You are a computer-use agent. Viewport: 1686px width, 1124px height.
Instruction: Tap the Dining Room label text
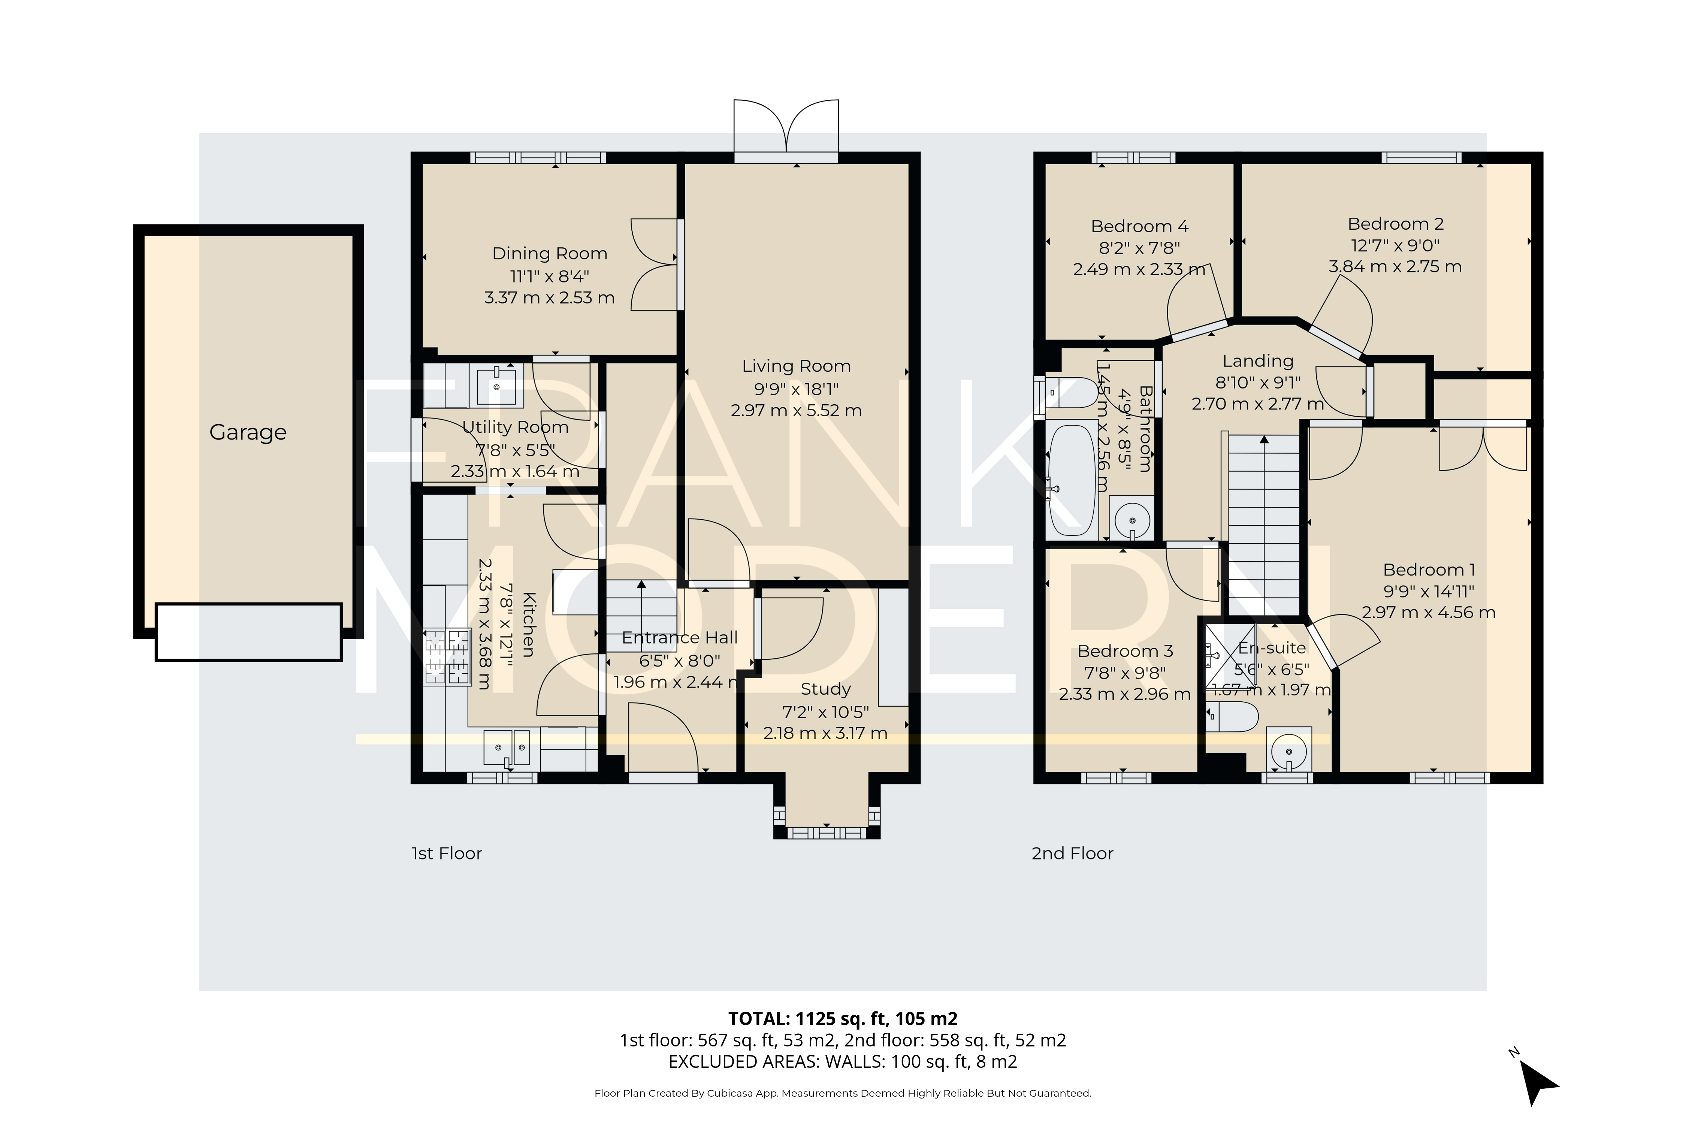pyautogui.click(x=549, y=254)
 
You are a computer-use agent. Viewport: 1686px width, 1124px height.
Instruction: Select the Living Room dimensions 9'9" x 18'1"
pyautogui.click(x=796, y=389)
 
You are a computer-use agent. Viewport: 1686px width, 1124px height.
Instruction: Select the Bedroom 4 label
pyautogui.click(x=1139, y=227)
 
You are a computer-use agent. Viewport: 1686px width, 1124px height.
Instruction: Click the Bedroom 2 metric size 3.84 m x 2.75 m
pyautogui.click(x=1394, y=267)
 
